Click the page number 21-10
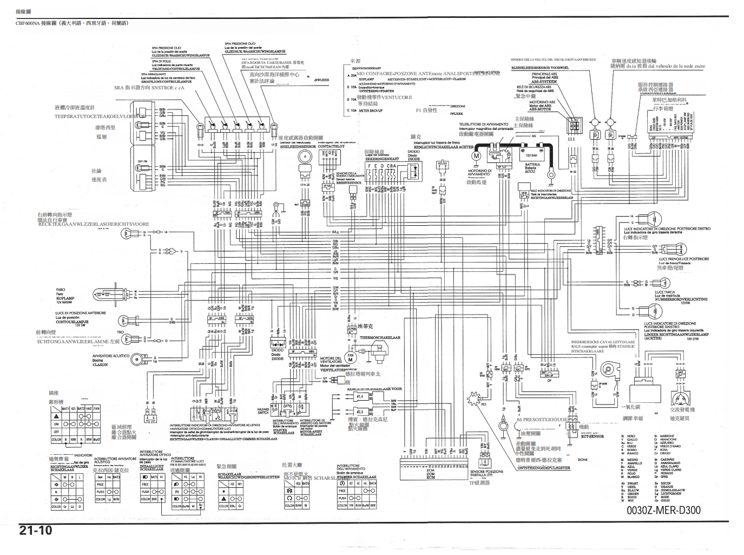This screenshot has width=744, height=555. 36,531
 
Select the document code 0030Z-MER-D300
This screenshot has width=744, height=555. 663,511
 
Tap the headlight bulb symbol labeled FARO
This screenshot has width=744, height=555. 104,294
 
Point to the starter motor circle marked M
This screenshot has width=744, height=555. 476,156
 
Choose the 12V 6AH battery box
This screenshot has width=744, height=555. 531,155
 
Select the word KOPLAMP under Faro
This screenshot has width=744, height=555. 65,298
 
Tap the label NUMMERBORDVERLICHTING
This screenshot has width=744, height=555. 681,299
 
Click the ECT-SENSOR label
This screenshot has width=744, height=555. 592,436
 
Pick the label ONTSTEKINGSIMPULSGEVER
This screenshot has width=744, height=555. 543,468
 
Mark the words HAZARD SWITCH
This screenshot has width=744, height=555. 263,411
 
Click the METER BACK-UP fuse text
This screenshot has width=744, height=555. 371,110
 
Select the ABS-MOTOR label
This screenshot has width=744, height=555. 540,109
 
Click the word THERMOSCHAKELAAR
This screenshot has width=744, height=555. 380,337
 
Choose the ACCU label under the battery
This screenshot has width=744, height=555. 530,172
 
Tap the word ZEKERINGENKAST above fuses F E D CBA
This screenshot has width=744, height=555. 382,159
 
